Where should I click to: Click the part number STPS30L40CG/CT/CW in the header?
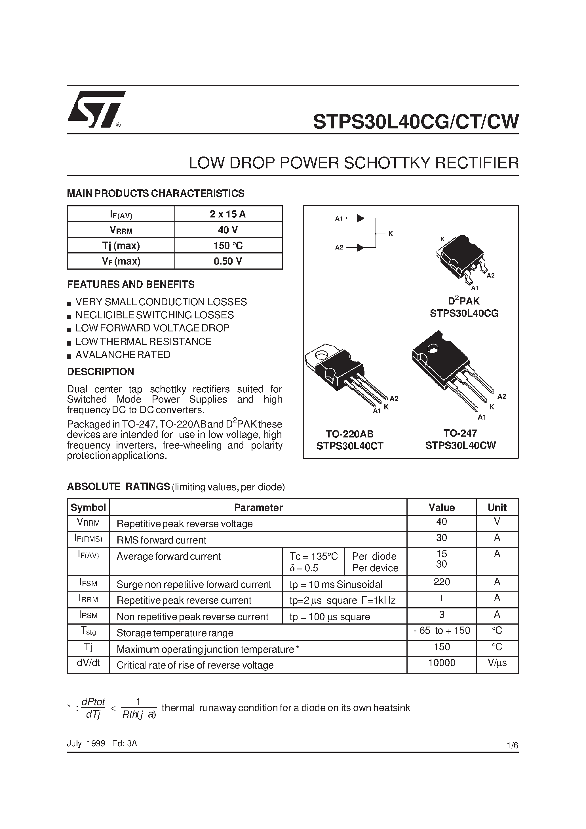coord(416,122)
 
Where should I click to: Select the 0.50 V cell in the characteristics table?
coord(228,261)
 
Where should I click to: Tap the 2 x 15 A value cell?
coord(228,214)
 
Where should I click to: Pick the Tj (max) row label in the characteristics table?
coord(121,246)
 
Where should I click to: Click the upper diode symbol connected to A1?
coord(360,218)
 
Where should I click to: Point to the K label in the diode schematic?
coord(391,234)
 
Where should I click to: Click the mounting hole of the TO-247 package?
coord(432,349)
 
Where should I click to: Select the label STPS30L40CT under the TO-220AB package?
coord(350,446)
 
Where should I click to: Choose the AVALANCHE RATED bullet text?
coord(123,355)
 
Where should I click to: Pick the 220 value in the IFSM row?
coord(442,582)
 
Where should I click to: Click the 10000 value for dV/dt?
coord(442,663)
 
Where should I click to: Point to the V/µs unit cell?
coord(497,663)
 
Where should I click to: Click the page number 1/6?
coord(512,745)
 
